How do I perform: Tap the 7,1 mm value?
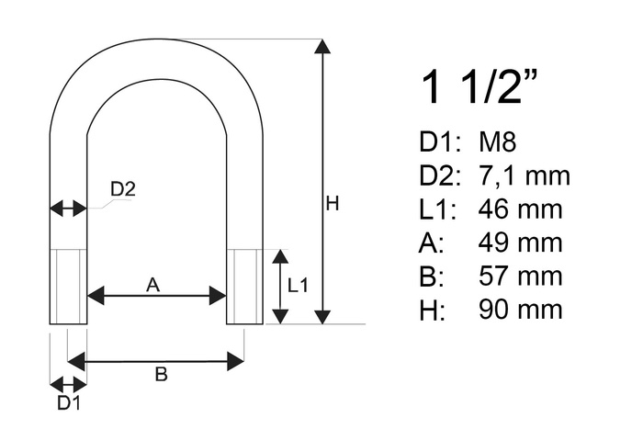pos(525,175)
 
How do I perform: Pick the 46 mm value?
pos(520,209)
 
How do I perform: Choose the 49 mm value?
pos(520,242)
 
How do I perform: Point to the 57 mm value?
pos(520,275)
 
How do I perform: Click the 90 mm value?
pos(520,308)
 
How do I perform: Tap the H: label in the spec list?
pos(431,308)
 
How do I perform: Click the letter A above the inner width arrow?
pos(153,286)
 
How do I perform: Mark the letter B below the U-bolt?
pos(160,375)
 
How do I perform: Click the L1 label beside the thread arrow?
pos(298,286)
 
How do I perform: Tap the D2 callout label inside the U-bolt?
pos(123,189)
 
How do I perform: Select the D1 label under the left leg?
pos(68,403)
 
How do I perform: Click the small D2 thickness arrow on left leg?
pos(68,209)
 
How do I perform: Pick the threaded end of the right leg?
pos(244,286)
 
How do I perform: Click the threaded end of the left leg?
pos(68,286)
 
